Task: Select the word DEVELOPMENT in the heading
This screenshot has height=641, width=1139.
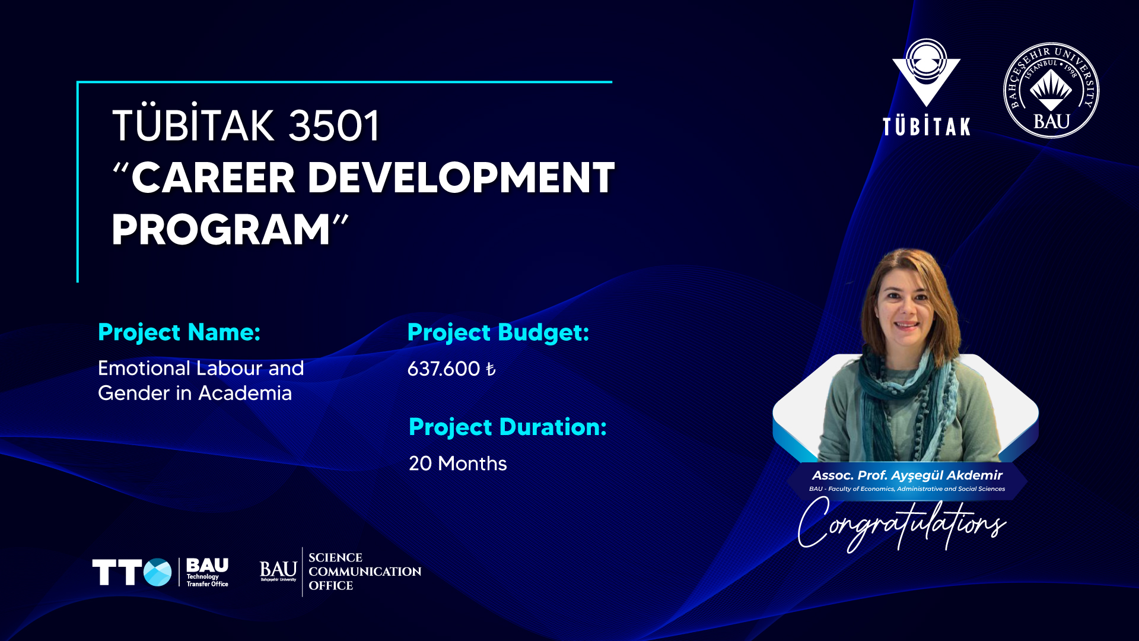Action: (x=461, y=177)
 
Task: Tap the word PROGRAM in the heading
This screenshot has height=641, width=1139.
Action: (x=221, y=230)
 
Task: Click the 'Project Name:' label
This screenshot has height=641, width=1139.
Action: (x=179, y=332)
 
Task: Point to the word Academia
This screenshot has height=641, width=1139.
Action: (x=245, y=393)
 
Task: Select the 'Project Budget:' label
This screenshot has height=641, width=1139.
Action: (x=498, y=332)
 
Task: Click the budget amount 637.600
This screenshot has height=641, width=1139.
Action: (x=444, y=369)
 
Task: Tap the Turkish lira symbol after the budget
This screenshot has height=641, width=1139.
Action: (x=491, y=370)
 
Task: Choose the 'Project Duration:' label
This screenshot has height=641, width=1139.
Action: (x=508, y=427)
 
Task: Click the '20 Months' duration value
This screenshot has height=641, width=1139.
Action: (x=458, y=464)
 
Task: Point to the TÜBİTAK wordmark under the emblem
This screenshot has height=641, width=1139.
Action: (x=927, y=126)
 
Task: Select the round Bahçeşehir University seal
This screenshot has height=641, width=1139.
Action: (x=1051, y=90)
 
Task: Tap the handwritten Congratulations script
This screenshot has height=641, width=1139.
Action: (x=902, y=524)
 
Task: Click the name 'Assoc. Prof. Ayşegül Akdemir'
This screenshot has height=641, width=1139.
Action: (x=907, y=475)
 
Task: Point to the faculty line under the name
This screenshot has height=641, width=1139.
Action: (x=907, y=489)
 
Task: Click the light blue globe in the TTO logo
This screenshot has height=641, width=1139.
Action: (x=157, y=572)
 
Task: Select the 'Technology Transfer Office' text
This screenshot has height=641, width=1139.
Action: (x=207, y=580)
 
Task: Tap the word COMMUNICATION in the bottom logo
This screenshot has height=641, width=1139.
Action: (x=365, y=572)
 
